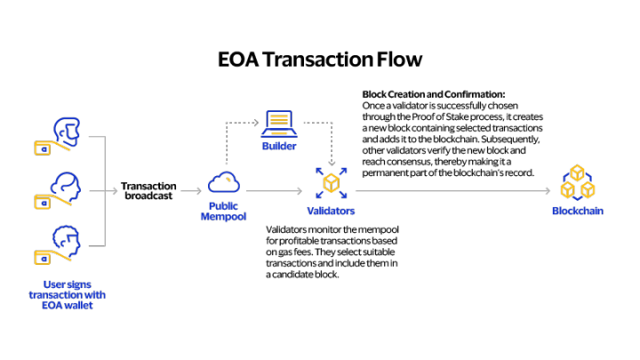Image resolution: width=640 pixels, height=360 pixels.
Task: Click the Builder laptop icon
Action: (x=279, y=123)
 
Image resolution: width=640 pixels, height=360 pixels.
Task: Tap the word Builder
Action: (x=279, y=146)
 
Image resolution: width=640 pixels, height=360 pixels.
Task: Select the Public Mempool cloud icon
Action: (x=224, y=183)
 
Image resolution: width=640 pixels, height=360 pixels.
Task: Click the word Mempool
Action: (x=223, y=217)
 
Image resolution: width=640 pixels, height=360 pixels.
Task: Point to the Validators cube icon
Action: (x=331, y=183)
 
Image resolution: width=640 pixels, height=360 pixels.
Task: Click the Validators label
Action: (x=331, y=211)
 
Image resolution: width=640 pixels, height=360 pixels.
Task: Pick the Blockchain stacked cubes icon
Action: (x=577, y=182)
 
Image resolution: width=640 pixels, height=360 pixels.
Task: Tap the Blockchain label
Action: (x=577, y=211)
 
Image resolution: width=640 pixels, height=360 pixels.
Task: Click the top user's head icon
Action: (x=67, y=131)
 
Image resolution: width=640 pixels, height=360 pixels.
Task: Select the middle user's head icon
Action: (x=67, y=186)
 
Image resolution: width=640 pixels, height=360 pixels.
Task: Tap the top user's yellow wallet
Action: (x=43, y=148)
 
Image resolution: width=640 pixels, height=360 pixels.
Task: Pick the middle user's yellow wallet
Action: (x=43, y=203)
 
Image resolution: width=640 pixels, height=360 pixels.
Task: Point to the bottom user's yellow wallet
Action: (x=43, y=258)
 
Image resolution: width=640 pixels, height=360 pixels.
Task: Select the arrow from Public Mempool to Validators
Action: (x=274, y=191)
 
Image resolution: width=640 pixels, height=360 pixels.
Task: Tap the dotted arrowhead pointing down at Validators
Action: (x=332, y=163)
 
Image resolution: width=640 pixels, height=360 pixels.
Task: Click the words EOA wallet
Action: (x=67, y=306)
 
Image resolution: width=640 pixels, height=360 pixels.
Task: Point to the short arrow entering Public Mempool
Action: (x=191, y=191)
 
